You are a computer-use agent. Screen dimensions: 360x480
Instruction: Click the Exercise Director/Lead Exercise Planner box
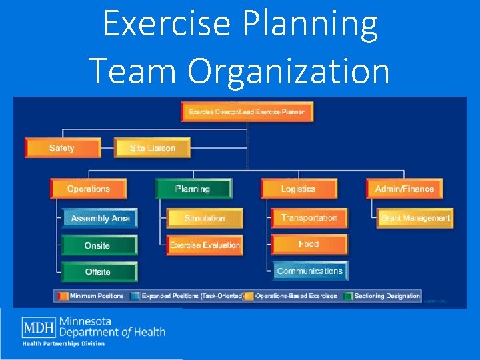[247, 112]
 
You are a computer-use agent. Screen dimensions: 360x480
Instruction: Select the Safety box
[62, 148]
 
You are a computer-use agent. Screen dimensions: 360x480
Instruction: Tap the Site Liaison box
[152, 148]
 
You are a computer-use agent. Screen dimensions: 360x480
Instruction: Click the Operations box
[88, 189]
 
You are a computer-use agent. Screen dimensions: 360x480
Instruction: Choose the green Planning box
[193, 189]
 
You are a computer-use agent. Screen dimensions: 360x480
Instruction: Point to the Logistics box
[298, 189]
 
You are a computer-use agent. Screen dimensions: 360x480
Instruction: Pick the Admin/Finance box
[404, 189]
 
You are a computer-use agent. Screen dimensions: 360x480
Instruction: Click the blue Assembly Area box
[99, 219]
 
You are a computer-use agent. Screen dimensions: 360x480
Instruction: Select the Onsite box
[98, 245]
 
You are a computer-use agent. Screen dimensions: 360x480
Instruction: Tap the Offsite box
[99, 272]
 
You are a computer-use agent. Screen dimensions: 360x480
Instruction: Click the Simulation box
[205, 219]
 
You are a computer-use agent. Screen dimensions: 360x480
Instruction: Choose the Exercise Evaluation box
[204, 245]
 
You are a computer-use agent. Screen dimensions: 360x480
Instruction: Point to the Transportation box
[309, 218]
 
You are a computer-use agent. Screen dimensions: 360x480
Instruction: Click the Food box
[309, 245]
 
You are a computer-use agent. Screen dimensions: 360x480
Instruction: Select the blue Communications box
[309, 271]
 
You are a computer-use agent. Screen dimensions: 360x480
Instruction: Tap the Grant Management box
[415, 218]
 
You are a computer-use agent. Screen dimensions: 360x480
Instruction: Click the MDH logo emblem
[39, 328]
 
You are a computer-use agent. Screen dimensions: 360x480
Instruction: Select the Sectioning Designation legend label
[387, 296]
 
